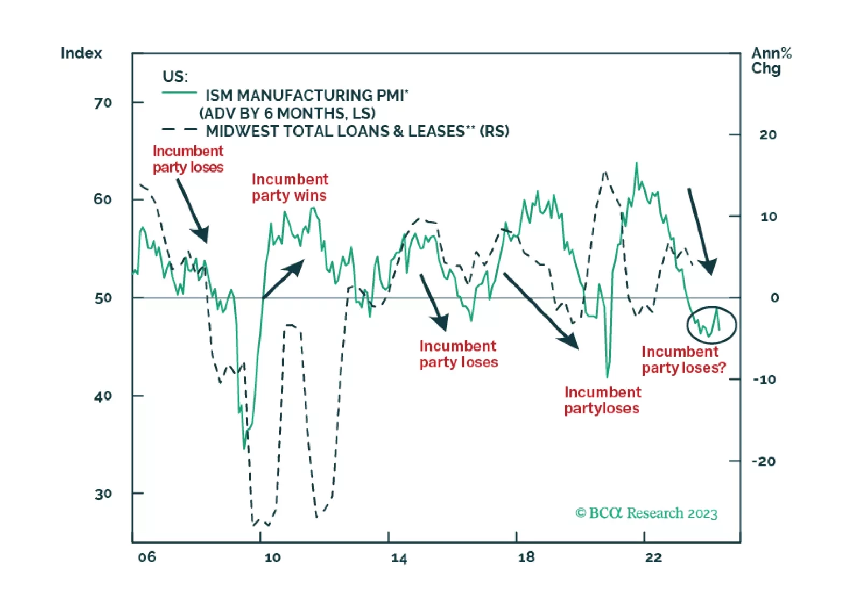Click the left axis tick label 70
click(103, 103)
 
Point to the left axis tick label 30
click(103, 494)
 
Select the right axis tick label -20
click(763, 461)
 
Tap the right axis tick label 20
click(767, 135)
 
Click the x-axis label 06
click(146, 557)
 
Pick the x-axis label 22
click(653, 557)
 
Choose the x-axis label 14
click(399, 558)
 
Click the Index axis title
click(81, 53)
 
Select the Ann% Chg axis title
click(771, 61)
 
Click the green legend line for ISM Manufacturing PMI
click(179, 94)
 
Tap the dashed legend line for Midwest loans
click(179, 130)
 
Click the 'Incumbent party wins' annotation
click(290, 187)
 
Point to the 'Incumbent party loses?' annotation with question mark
click(683, 360)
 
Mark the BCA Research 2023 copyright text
click(646, 513)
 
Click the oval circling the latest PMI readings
click(711, 325)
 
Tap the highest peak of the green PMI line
click(637, 163)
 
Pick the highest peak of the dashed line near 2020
click(605, 173)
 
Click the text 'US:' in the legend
click(175, 76)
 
